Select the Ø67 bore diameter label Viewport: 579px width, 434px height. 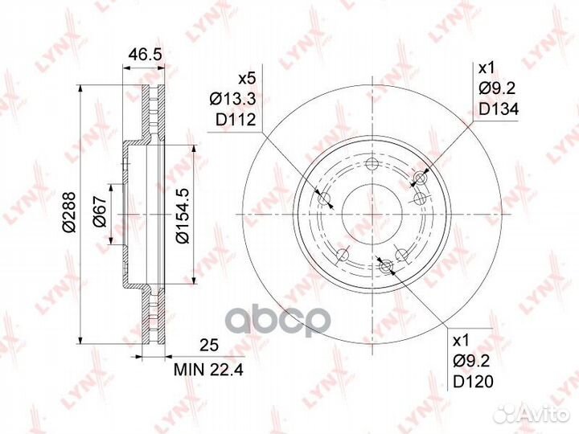point(100,211)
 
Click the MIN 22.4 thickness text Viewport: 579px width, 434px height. point(208,369)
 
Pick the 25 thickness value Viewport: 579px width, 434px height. point(209,345)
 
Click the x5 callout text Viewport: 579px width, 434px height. point(247,79)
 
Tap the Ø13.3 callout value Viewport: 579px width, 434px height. point(232,99)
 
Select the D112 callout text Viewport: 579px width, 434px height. point(236,120)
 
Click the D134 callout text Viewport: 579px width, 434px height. point(499,108)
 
